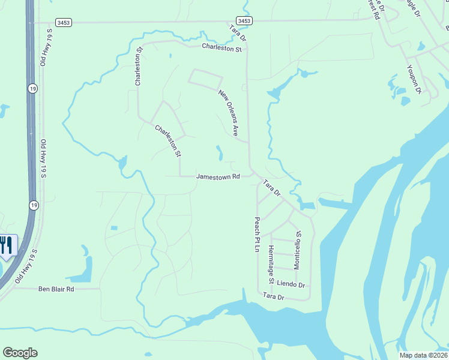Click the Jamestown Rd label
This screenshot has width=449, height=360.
point(218,177)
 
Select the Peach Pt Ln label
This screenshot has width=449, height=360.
point(257,235)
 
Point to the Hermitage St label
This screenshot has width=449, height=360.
point(271,265)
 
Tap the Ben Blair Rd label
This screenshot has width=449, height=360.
point(56,289)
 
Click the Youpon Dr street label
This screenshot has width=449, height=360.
point(414,79)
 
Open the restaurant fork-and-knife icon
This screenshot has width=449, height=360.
point(6,245)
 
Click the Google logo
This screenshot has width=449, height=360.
point(20,353)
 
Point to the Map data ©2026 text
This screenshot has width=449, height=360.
point(423,355)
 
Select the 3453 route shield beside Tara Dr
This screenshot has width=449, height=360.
point(244,21)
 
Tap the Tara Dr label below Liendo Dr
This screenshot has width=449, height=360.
point(273,296)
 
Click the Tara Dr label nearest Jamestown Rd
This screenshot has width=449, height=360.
point(271,188)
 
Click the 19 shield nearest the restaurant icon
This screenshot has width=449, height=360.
point(32,205)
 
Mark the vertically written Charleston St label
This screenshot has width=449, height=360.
point(138,67)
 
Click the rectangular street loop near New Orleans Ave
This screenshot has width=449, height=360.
point(205,80)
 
